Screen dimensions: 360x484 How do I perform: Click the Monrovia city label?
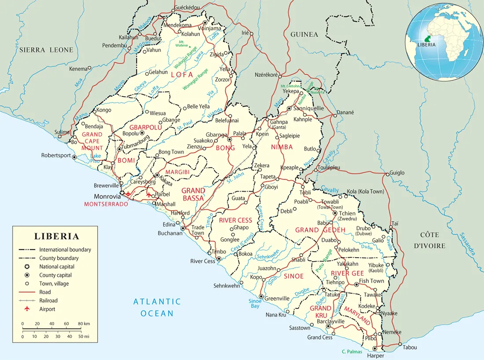click(x=106, y=196)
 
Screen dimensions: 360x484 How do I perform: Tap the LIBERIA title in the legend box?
click(x=57, y=236)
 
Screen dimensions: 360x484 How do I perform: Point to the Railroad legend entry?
click(x=48, y=301)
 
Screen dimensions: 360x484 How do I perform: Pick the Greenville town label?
click(x=277, y=298)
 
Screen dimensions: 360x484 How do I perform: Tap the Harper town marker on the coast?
click(x=375, y=349)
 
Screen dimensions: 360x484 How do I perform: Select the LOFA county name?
click(x=182, y=75)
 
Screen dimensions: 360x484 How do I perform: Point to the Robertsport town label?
click(x=56, y=155)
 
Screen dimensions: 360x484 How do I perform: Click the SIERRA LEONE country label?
click(x=46, y=50)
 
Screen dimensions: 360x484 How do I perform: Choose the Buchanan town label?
click(x=170, y=233)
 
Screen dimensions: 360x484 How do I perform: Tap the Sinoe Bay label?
click(x=256, y=303)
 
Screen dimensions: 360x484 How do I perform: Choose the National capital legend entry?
click(x=57, y=266)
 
